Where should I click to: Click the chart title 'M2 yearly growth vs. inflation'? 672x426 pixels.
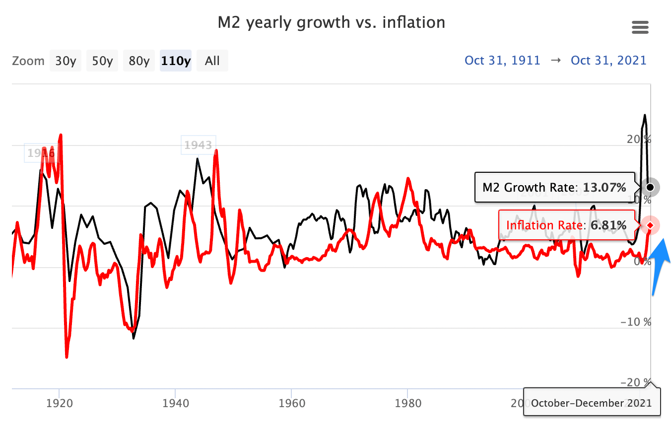point(331,22)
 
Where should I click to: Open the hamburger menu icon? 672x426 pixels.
point(640,27)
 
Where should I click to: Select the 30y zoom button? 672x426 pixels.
point(66,61)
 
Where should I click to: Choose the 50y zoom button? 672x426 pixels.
point(102,61)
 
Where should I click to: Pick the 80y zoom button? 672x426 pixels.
point(139,61)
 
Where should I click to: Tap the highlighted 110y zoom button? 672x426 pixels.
point(176,61)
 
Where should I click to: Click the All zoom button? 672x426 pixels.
point(212,61)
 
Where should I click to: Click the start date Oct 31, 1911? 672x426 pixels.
point(502,61)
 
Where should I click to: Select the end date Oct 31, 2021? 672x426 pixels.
point(609,61)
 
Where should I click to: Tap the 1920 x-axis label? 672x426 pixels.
point(60,403)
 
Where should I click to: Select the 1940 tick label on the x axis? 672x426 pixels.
point(175,403)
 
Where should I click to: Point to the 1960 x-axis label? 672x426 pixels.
point(291,403)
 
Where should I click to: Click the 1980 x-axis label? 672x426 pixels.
point(407,403)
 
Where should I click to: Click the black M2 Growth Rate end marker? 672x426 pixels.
point(650,187)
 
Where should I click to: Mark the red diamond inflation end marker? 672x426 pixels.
point(650,226)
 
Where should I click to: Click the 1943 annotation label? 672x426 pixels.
point(199,145)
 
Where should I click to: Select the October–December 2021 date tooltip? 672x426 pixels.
point(592,403)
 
